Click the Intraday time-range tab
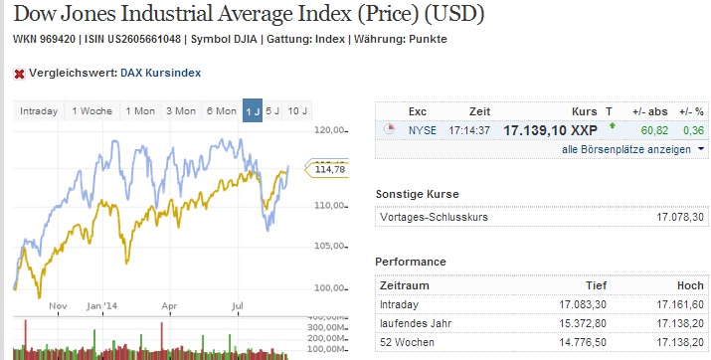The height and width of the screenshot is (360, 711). tap(39, 110)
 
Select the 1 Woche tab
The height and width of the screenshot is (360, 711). tap(91, 110)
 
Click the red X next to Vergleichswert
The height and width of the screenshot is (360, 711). tap(18, 73)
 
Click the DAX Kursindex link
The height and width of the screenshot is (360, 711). tap(162, 73)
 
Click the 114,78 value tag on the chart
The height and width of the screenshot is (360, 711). tap(328, 169)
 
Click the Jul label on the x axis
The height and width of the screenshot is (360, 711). tap(239, 307)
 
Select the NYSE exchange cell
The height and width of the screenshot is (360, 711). tap(422, 130)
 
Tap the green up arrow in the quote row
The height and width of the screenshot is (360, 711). tap(613, 127)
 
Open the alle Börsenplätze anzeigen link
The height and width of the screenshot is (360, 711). tap(626, 149)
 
